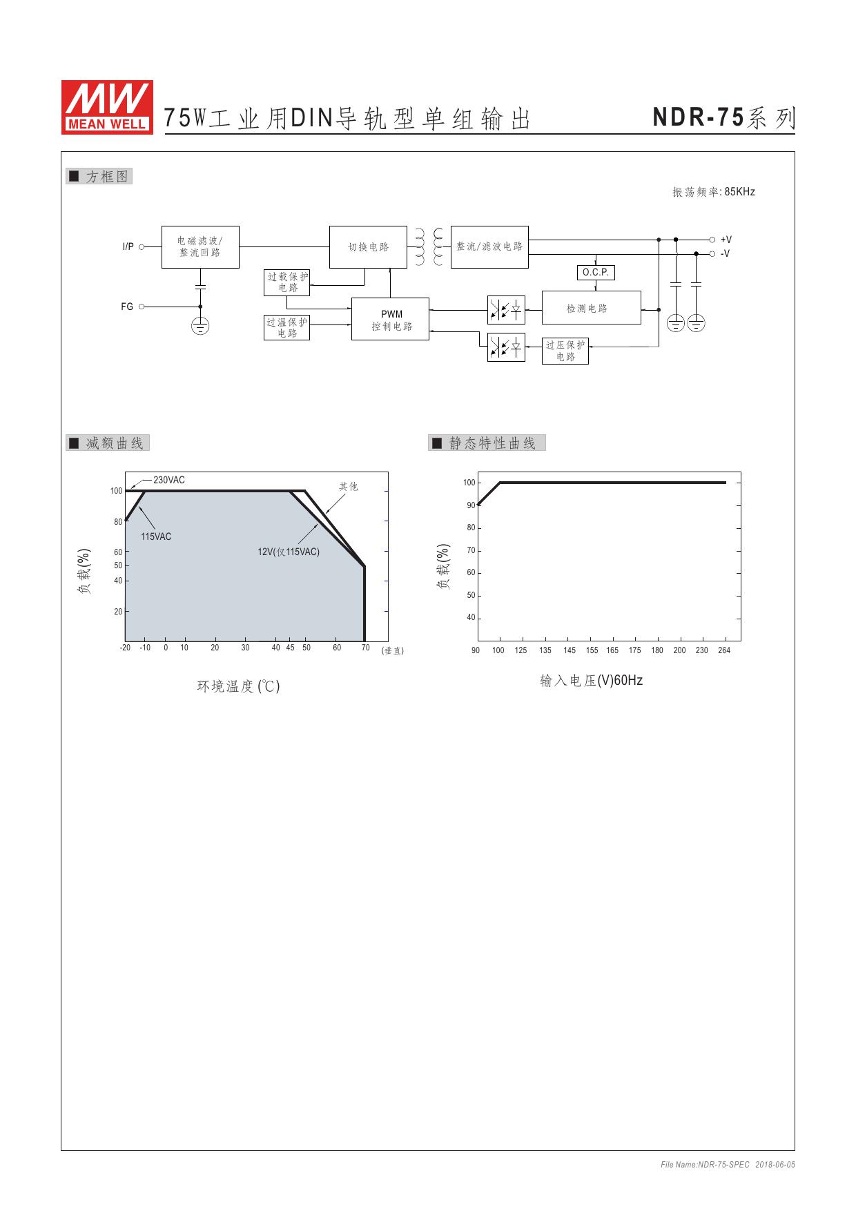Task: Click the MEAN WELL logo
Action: [x=107, y=106]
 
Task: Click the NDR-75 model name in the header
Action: [x=699, y=118]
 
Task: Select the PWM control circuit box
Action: [x=390, y=319]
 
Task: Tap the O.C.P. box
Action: [x=595, y=273]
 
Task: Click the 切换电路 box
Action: [x=368, y=246]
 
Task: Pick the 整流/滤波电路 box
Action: [x=489, y=246]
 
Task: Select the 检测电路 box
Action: [x=592, y=308]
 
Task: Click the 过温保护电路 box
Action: [x=286, y=327]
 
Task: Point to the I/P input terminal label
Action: [x=128, y=246]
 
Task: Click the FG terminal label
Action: [x=127, y=307]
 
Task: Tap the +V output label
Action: [x=726, y=240]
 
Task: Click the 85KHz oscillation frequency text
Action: [x=740, y=192]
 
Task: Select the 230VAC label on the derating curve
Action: [x=169, y=480]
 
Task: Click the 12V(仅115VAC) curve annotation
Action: [x=289, y=552]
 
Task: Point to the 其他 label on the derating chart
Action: [x=349, y=487]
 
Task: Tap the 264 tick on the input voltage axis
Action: [x=724, y=650]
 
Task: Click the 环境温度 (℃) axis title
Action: [x=239, y=686]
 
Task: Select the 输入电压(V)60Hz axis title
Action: [x=592, y=681]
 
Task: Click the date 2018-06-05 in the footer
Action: [x=775, y=1165]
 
